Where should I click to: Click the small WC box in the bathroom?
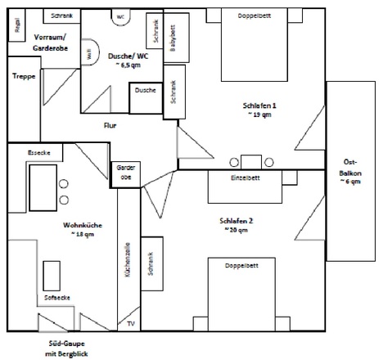click(120, 16)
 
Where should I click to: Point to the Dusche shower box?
click(145, 90)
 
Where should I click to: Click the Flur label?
click(110, 125)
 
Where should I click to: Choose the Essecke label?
click(38, 152)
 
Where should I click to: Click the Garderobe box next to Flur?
click(125, 171)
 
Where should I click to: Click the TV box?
click(129, 323)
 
